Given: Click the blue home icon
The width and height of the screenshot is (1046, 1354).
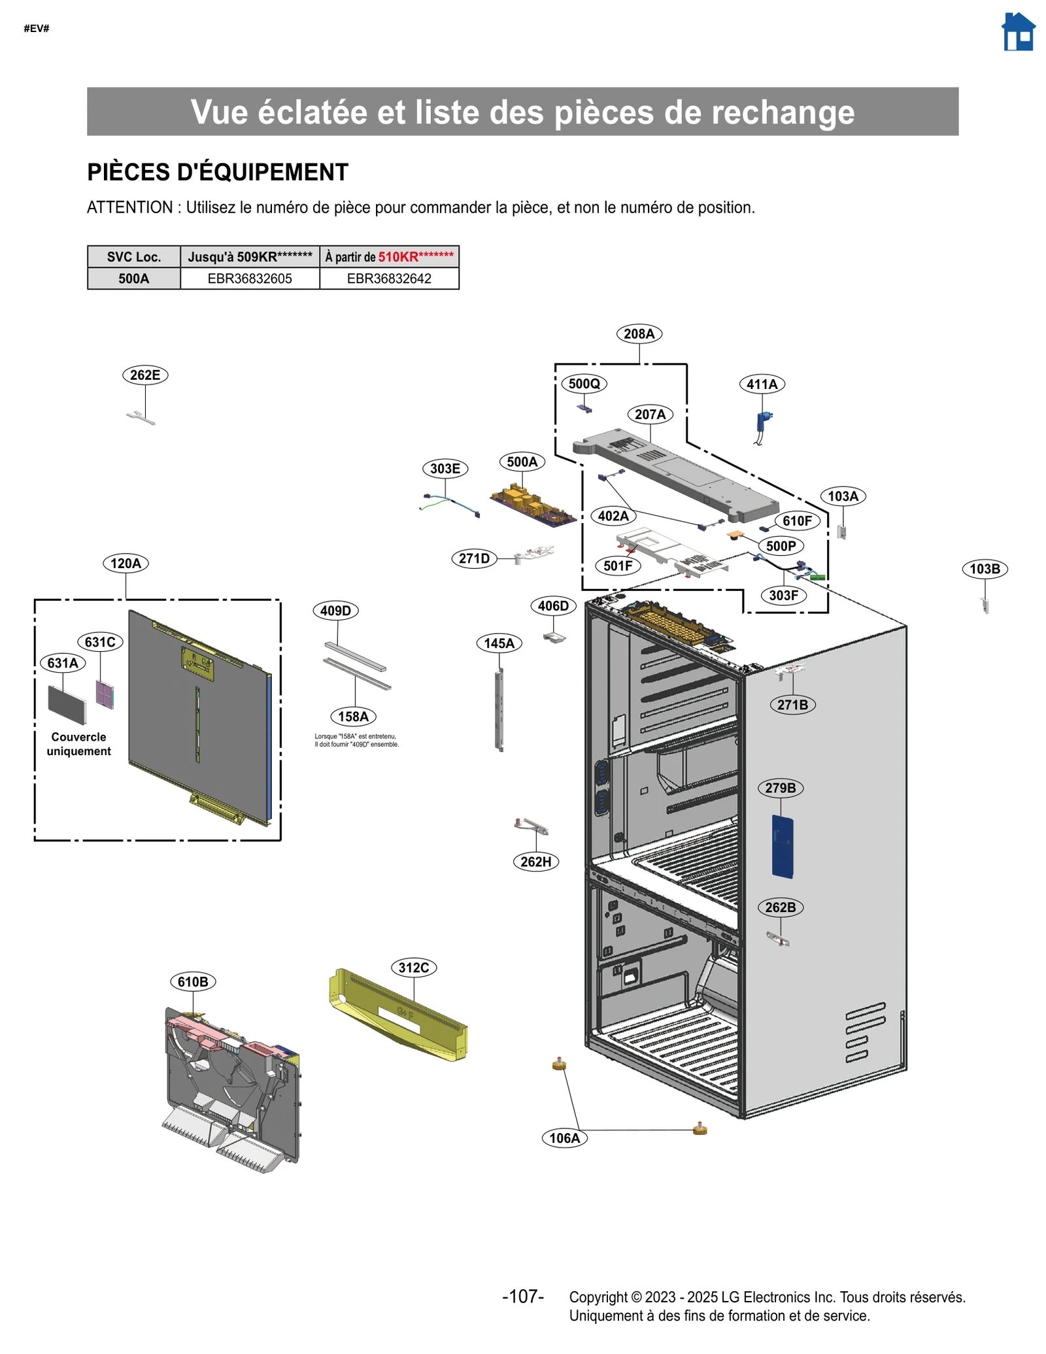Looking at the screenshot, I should point(1018,32).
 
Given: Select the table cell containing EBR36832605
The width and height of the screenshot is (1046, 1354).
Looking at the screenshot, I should point(250,279).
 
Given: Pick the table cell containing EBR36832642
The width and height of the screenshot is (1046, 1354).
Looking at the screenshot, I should point(389,279).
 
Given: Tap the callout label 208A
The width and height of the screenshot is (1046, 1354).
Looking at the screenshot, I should point(639,334).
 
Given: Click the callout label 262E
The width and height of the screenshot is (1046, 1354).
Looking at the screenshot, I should point(145,375).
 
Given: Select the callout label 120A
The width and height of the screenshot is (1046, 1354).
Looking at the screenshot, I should point(126,564).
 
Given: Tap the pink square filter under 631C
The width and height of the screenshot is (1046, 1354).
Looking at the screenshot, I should point(105,694).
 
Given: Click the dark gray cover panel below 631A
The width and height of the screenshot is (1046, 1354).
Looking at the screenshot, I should point(67,704).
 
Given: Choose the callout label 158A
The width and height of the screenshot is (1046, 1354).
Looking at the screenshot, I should point(353,717).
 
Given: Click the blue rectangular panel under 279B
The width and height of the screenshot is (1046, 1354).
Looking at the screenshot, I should point(782,846).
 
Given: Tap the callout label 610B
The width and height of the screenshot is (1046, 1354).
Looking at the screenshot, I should point(193,982).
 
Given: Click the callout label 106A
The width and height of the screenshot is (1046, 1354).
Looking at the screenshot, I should point(564,1138).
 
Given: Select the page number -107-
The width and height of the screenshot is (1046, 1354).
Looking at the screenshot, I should point(523,1296).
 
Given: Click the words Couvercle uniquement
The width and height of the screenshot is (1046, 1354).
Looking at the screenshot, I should point(78,744).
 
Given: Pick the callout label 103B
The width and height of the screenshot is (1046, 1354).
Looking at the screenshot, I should point(984,569).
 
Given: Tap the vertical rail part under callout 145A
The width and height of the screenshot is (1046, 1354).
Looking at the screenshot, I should point(500,709).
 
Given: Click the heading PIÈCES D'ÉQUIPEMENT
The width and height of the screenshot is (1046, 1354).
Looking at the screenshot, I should point(218,173).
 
